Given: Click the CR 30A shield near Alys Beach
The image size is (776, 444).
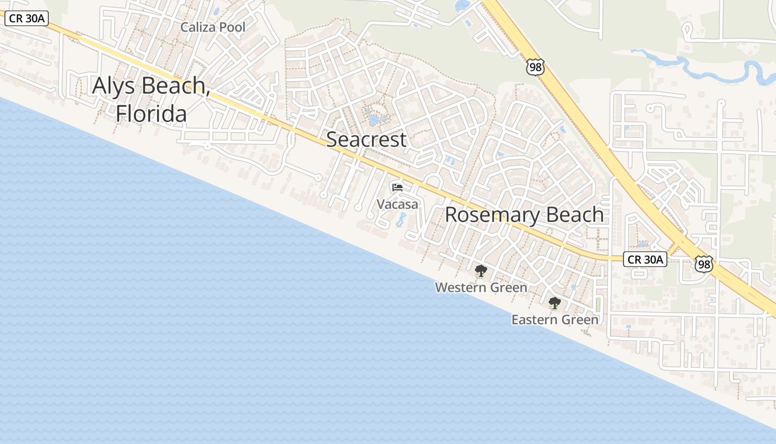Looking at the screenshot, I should pyautogui.click(x=27, y=18).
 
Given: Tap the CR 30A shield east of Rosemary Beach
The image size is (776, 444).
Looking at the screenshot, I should pyautogui.click(x=645, y=259).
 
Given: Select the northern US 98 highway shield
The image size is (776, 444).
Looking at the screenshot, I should pyautogui.click(x=535, y=67).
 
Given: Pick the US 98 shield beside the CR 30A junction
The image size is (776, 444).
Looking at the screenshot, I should pyautogui.click(x=703, y=264).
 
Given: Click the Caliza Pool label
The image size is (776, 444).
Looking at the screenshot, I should pyautogui.click(x=213, y=27).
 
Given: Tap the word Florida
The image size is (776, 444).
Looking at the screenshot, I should pyautogui.click(x=151, y=114).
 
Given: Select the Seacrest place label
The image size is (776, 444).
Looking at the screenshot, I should pyautogui.click(x=366, y=139).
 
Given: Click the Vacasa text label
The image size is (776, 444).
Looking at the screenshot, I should pyautogui.click(x=397, y=204).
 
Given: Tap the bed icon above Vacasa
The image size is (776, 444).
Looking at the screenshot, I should pyautogui.click(x=397, y=188).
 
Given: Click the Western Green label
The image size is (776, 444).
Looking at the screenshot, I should pyautogui.click(x=481, y=287).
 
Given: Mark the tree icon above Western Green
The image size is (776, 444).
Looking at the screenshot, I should pyautogui.click(x=481, y=271).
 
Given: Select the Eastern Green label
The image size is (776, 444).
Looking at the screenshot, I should pyautogui.click(x=555, y=320).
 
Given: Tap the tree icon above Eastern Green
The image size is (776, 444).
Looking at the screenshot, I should pyautogui.click(x=554, y=303).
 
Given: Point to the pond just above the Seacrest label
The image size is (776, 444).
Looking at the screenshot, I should pyautogui.click(x=374, y=118).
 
